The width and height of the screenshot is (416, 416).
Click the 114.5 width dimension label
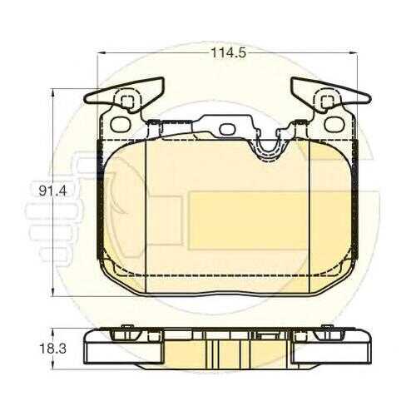tap(229, 52)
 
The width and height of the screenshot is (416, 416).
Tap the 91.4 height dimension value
tap(52, 191)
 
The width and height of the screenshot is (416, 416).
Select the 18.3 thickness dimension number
tap(52, 349)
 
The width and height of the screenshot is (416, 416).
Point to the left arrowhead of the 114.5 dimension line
tap(102, 52)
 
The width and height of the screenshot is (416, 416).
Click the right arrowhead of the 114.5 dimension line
tap(353, 52)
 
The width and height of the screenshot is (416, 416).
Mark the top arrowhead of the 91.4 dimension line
tap(52, 93)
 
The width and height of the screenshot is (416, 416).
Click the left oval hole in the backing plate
tap(121, 124)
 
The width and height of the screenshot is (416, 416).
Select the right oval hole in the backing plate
tap(334, 124)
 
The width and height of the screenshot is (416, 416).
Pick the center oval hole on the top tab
tap(227, 129)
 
